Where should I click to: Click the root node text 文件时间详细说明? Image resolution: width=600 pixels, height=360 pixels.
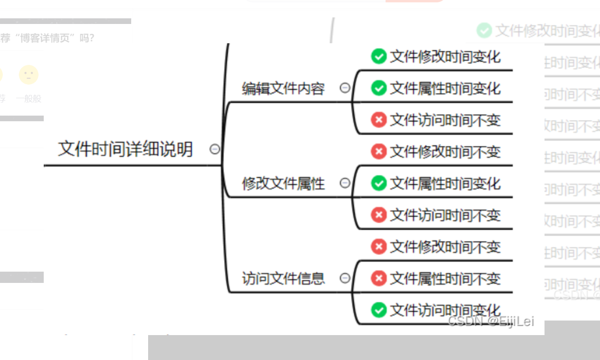(125, 149)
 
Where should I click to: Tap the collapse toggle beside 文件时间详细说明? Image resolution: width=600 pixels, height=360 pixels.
(214, 149)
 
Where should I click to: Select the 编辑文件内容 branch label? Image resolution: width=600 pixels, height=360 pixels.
(283, 88)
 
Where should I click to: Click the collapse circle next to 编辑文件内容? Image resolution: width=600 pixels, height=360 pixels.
(345, 87)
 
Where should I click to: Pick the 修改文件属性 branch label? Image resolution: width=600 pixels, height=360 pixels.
(283, 183)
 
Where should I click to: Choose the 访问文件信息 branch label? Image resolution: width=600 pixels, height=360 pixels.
(283, 278)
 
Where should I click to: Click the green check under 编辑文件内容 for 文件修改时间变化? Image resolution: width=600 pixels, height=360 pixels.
(379, 56)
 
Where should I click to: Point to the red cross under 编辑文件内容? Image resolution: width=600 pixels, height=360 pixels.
(379, 120)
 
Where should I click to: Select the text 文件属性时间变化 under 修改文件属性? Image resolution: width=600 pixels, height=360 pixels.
(445, 183)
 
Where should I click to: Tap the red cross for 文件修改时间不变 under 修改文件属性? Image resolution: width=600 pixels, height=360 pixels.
(379, 151)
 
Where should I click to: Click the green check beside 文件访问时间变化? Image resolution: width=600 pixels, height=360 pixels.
(379, 310)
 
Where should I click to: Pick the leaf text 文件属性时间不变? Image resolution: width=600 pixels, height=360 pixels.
(445, 279)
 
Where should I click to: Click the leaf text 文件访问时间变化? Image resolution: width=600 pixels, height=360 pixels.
(445, 310)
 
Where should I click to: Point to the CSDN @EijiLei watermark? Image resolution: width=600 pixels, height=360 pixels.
(491, 321)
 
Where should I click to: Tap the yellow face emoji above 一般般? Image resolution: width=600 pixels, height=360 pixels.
(29, 75)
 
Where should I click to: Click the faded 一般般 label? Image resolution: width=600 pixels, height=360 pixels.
(29, 99)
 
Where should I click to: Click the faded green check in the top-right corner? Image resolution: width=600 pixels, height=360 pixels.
(484, 31)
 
